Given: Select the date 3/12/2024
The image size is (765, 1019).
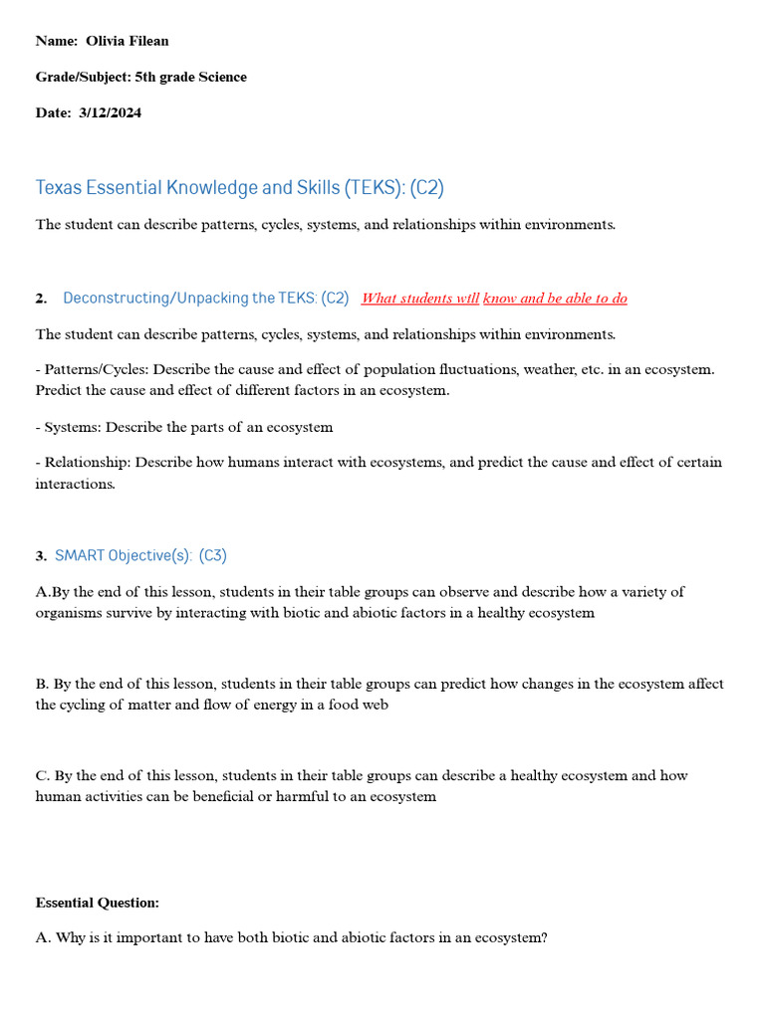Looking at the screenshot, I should (x=110, y=112).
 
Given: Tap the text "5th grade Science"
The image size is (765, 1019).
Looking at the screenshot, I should (x=190, y=77).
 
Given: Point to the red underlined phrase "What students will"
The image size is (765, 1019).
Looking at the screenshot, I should (x=419, y=299).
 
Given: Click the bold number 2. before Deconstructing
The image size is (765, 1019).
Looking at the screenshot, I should (x=41, y=299).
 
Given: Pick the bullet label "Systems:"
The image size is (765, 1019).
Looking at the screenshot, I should (x=72, y=427).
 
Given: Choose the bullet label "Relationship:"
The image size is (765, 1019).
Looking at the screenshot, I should (x=87, y=463).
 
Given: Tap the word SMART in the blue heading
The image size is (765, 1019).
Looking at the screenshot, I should (x=79, y=555).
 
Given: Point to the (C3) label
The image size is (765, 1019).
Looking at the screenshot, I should (x=212, y=555).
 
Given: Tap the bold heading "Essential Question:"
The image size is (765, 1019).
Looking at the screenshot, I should (x=97, y=903).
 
